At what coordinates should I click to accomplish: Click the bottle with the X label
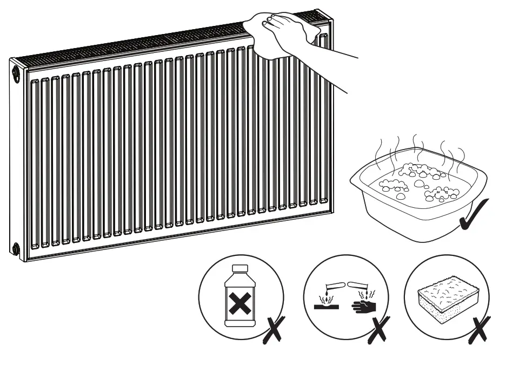tap(239, 297)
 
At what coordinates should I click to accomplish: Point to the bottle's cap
tap(239, 268)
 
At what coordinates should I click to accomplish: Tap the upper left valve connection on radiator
tap(16, 73)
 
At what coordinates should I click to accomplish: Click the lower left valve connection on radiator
tap(16, 249)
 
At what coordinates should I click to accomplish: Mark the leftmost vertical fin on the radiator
tap(35, 162)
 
